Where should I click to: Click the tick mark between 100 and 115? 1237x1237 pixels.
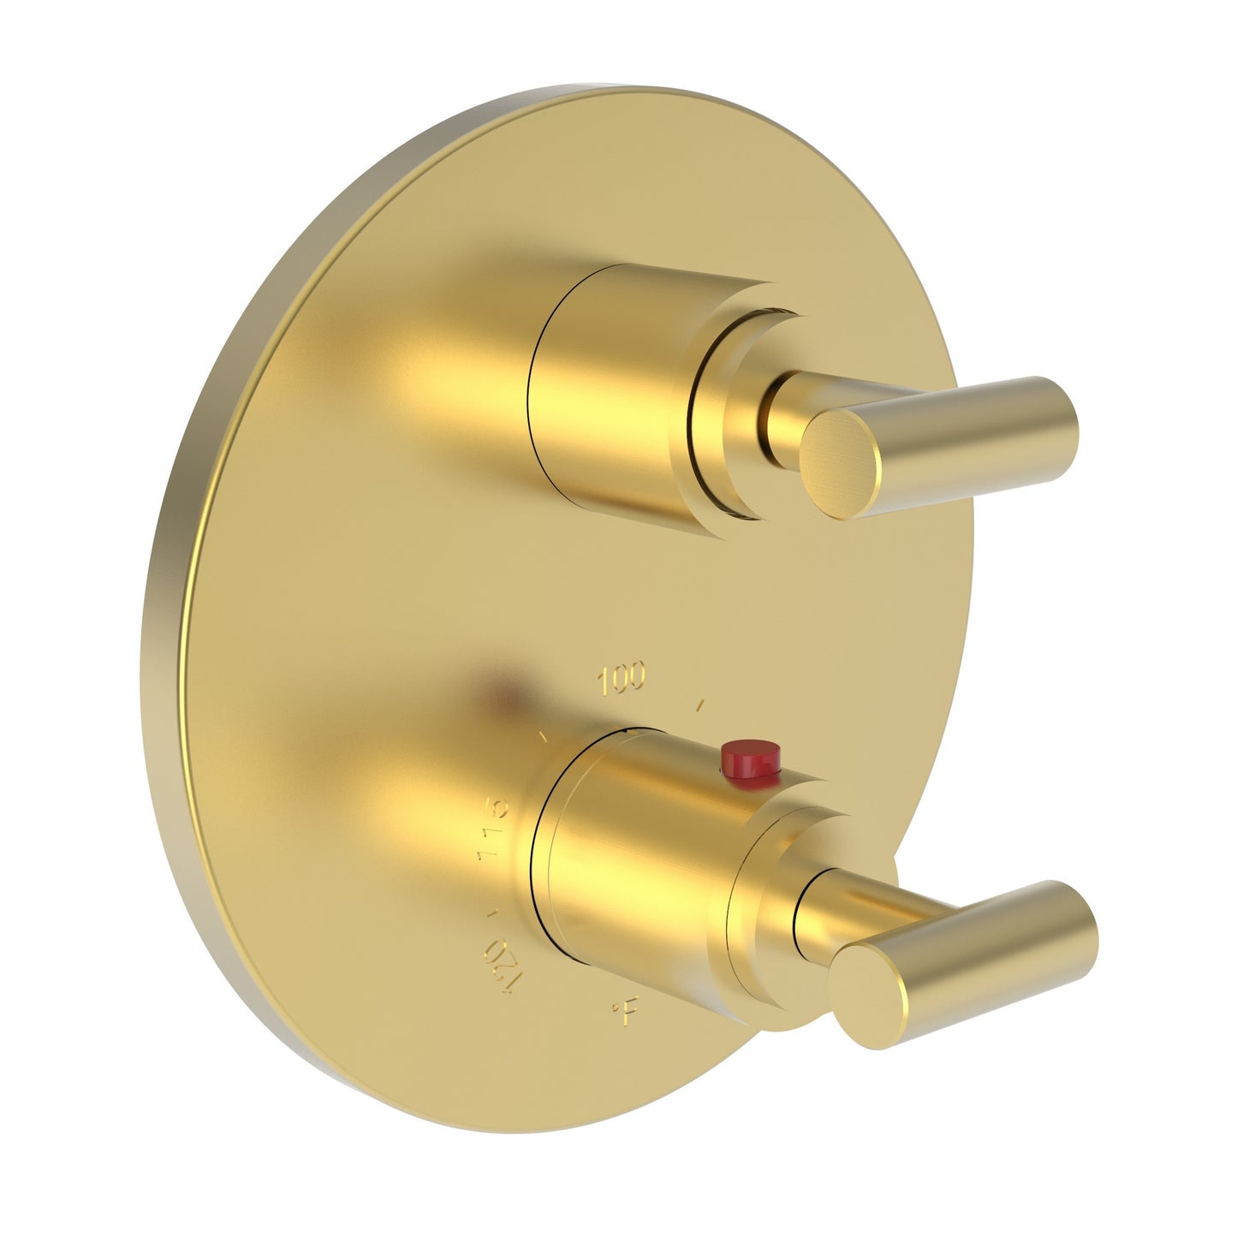tap(543, 734)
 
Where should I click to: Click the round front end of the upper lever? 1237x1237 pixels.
tap(841, 463)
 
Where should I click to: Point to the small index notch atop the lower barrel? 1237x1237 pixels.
tap(631, 730)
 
